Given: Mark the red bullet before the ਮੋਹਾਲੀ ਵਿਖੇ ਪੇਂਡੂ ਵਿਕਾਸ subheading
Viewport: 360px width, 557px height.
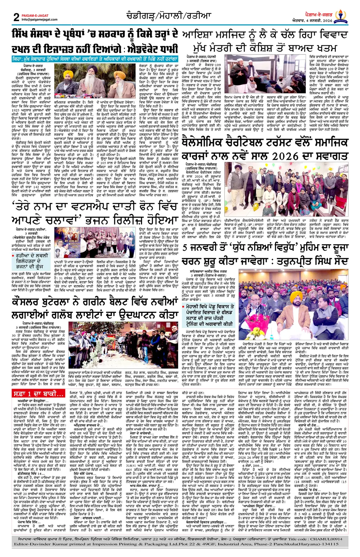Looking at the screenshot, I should pos(184,306).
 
